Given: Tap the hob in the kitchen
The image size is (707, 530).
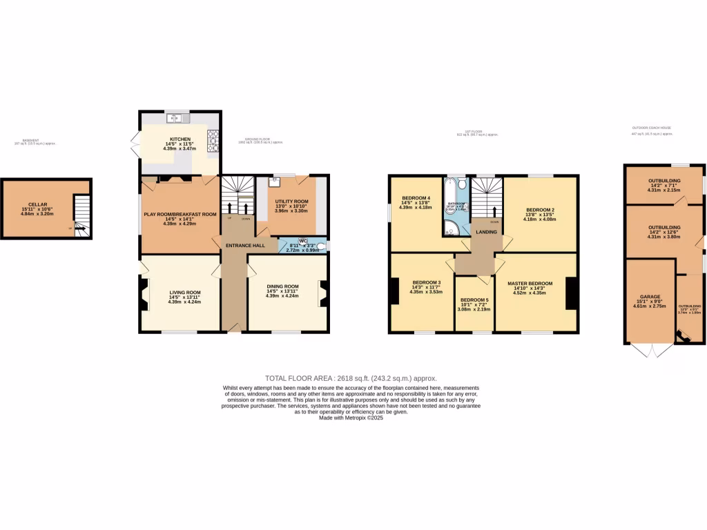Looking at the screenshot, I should (213, 139).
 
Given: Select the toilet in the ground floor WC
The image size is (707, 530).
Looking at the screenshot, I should (321, 246).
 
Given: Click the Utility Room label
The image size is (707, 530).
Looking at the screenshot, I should (285, 199).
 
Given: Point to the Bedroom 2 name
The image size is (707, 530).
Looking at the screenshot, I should (540, 210).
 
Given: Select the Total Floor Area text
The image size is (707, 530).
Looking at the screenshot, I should (351, 378).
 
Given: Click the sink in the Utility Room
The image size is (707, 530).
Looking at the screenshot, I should (274, 181).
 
